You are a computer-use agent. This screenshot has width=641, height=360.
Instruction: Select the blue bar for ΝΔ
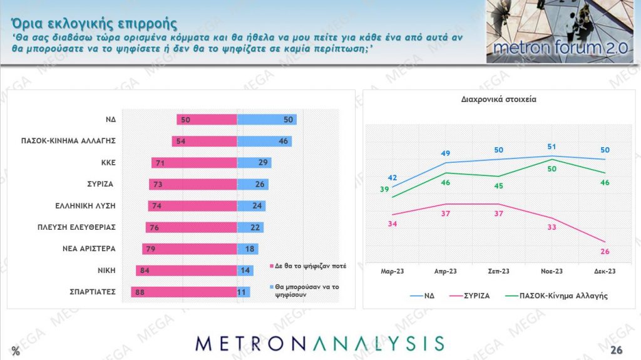click(267, 120)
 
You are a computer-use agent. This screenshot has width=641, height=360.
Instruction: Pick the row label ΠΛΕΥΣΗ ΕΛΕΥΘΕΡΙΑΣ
click(78, 227)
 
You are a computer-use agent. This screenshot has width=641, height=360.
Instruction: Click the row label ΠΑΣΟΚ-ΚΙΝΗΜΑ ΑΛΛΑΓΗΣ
click(66, 141)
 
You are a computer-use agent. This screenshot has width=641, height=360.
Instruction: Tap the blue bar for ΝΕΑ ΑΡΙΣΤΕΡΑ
click(248, 249)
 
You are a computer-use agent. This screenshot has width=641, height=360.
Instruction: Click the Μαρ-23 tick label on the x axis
click(392, 271)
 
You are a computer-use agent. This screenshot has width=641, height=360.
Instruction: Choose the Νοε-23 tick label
click(551, 271)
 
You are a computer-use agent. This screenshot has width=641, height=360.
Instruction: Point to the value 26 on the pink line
click(604, 252)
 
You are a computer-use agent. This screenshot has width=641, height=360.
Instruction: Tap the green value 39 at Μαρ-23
click(386, 190)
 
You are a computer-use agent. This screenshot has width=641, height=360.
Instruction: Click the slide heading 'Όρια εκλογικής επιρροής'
click(93, 23)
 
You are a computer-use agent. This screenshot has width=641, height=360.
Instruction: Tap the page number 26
click(617, 349)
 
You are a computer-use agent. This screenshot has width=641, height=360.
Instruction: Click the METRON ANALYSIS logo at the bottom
click(320, 343)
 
